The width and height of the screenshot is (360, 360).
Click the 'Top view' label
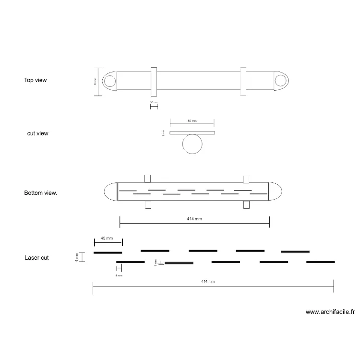[x=36, y=80]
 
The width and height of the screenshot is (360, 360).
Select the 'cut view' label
[x=37, y=133]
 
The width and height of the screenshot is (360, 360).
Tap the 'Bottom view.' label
[x=41, y=193]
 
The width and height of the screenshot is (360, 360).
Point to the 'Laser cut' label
[x=36, y=258]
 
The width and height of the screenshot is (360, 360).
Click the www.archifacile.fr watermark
[x=330, y=312]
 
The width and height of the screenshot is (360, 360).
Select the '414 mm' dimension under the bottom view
[x=194, y=219]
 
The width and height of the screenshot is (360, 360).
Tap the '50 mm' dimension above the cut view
[x=192, y=121]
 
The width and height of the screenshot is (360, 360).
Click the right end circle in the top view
[x=280, y=82]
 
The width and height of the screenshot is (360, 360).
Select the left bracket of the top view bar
[x=154, y=82]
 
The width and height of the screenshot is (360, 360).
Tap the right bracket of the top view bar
[x=243, y=82]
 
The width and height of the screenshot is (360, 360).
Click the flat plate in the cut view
[x=192, y=132]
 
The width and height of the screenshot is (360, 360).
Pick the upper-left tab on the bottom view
[x=148, y=178]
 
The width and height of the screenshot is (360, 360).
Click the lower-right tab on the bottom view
[x=246, y=205]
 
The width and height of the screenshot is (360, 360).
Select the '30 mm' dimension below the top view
[x=154, y=102]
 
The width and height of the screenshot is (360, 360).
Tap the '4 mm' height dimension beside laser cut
[x=76, y=258]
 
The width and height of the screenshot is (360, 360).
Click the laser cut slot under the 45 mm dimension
[x=108, y=252]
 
